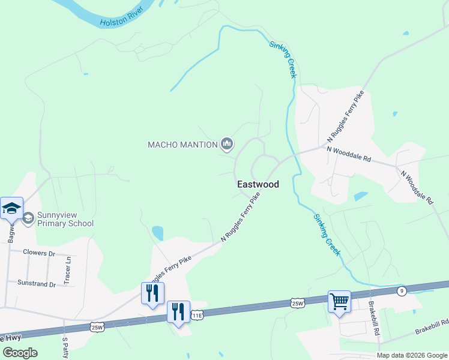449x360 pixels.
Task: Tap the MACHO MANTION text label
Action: click(x=182, y=145)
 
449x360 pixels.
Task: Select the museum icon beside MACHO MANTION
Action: click(x=227, y=143)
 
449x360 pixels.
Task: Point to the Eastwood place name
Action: click(x=258, y=185)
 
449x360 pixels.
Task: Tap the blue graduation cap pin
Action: click(x=12, y=208)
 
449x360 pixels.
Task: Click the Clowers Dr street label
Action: click(x=38, y=253)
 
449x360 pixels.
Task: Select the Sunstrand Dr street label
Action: click(x=37, y=283)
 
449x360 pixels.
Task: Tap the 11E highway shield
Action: click(x=197, y=314)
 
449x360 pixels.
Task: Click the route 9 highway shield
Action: click(x=402, y=291)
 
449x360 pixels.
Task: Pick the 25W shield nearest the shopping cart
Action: click(x=298, y=303)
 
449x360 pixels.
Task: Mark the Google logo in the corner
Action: click(x=20, y=353)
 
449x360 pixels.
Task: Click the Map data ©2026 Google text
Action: click(x=412, y=355)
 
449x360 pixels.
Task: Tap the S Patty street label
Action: click(x=65, y=347)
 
